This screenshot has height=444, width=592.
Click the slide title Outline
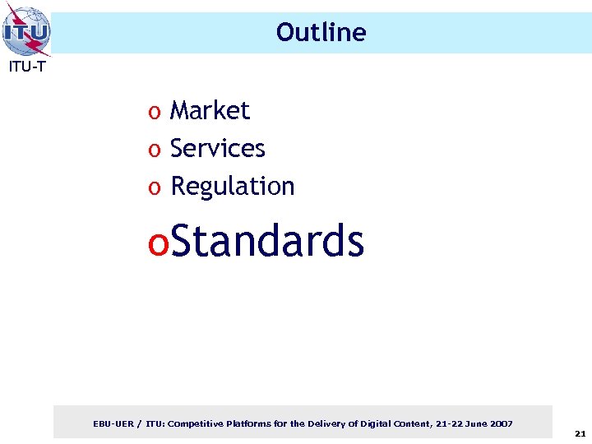321,32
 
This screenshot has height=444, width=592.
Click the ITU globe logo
26,30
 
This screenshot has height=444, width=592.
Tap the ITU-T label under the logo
26,67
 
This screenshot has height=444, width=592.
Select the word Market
209,110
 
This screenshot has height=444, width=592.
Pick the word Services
217,148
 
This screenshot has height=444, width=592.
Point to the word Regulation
232,187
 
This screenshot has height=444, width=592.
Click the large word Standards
268,241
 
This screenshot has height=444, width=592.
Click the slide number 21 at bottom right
580,432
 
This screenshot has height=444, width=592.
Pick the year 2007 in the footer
500,423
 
